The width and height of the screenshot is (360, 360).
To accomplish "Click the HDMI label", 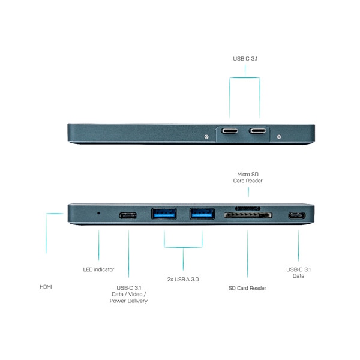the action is pos(46,287).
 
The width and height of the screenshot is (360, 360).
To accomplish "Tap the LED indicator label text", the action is pos(98,269).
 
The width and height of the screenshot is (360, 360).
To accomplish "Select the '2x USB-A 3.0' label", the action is pos(183,280).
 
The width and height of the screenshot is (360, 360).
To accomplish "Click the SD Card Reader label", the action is pos(247,288).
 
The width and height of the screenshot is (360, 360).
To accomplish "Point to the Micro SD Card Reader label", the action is pos(248,178).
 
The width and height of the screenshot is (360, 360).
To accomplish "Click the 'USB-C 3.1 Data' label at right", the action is pos(298,272).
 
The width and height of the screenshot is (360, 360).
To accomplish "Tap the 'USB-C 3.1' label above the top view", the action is pos(245,59).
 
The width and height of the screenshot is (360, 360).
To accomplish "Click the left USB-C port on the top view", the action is pos(229,131).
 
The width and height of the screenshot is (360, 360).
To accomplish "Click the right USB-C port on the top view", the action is pos(257,131).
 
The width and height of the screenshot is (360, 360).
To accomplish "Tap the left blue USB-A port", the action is pos(164,214).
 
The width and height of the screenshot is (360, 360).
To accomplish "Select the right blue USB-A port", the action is pos(202,214).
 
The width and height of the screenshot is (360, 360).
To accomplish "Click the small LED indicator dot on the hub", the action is pos(98,213).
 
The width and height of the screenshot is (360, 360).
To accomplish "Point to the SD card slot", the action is pos(248,215).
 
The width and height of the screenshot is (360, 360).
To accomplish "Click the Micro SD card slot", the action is pos(248,208).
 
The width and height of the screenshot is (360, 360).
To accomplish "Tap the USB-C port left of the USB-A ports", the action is pos(128,215).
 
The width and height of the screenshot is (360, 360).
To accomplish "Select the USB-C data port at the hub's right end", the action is pos(297,215).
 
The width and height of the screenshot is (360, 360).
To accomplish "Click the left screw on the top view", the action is pos(206,137).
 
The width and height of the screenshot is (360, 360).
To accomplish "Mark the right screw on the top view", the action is pos(279,137).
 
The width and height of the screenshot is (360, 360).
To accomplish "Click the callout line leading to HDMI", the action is pos(46,233).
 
